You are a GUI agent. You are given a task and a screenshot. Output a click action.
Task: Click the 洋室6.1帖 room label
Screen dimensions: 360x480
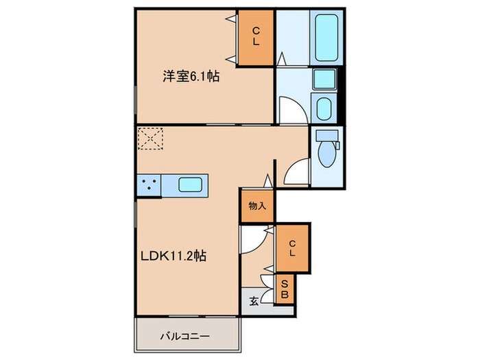[191, 77]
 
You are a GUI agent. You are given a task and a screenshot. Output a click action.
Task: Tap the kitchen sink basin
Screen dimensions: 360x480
[190, 184]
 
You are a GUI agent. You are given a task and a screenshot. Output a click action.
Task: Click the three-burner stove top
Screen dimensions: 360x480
[148, 184]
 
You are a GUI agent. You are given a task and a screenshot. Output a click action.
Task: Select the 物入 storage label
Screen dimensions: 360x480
[257, 206]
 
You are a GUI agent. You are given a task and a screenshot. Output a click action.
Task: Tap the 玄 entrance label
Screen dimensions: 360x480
[253, 300]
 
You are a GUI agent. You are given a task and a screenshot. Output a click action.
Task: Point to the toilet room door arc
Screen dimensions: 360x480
[296, 172]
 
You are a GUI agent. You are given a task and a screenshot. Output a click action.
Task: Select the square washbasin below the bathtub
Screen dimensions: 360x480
[324, 79]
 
